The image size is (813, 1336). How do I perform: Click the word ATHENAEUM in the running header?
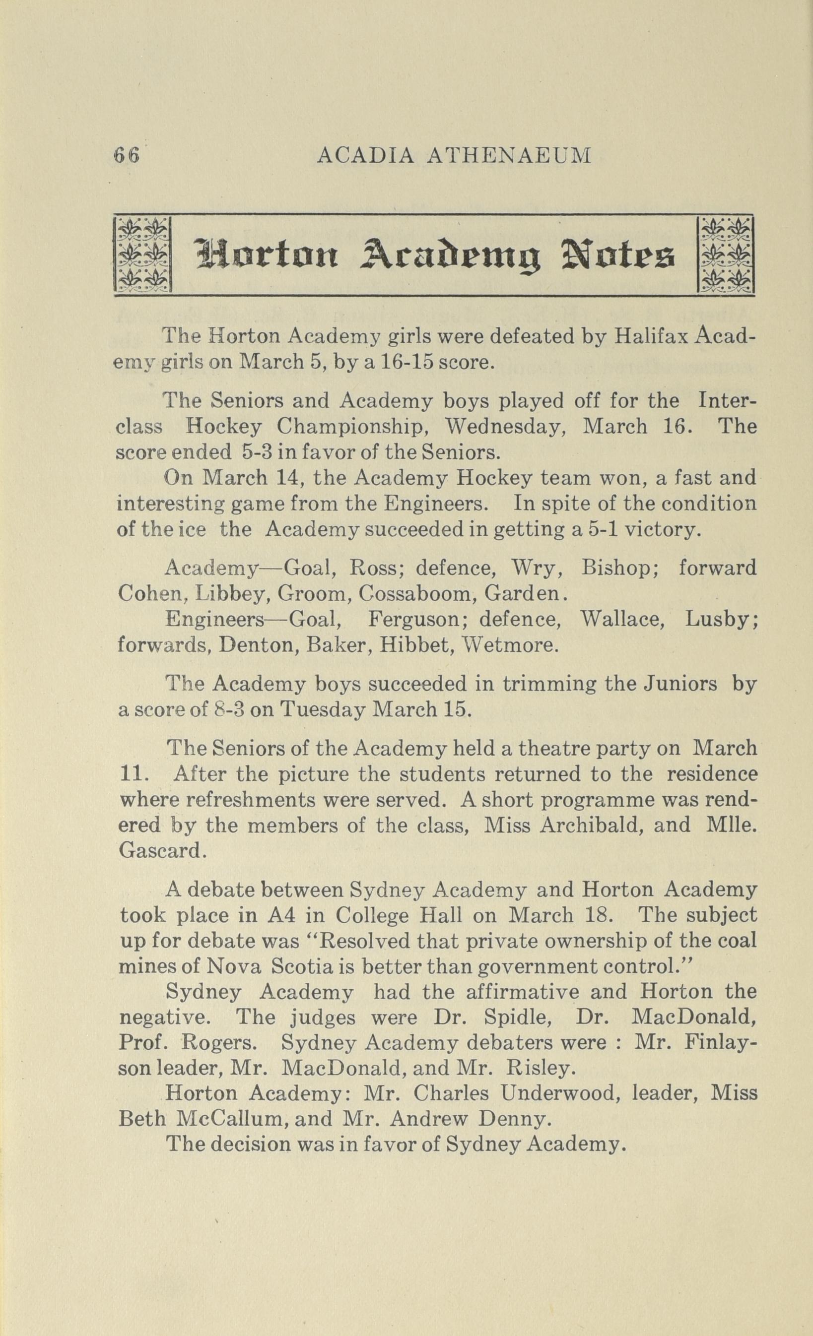coord(508,156)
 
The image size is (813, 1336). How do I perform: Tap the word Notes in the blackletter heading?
coord(621,255)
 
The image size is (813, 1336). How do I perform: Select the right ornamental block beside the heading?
coord(725,254)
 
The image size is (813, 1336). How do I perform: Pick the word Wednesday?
coord(505,427)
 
